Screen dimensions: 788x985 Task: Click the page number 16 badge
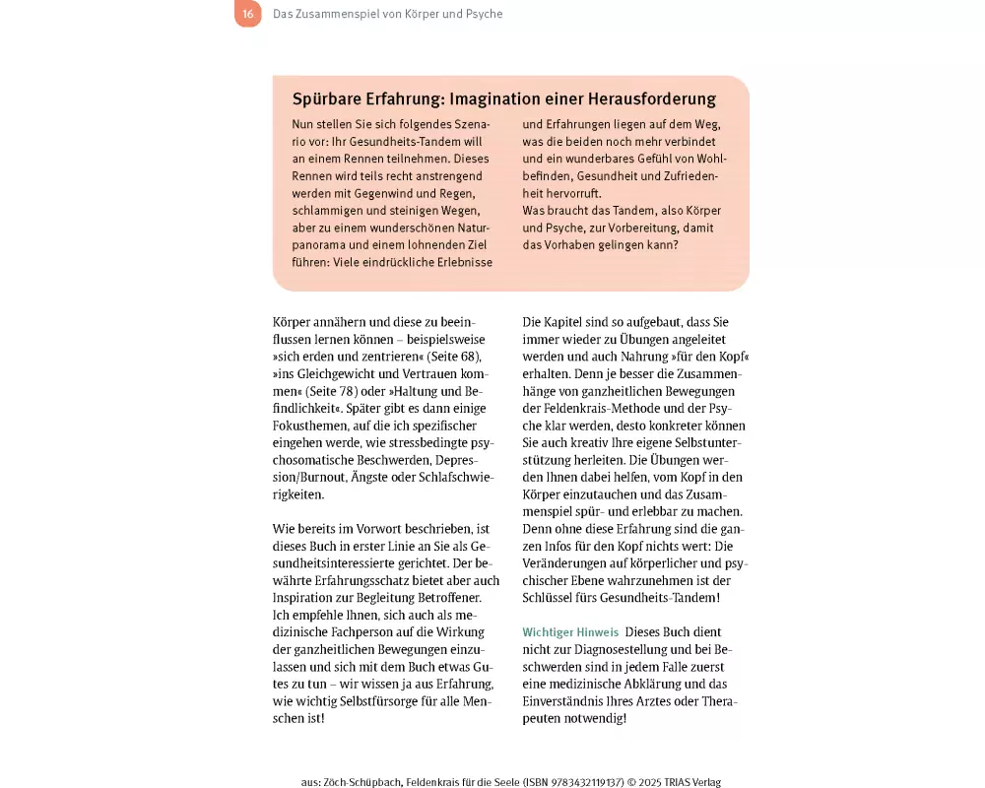pos(247,14)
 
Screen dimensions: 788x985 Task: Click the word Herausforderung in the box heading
pos(649,99)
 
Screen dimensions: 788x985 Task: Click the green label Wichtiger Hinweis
pos(570,631)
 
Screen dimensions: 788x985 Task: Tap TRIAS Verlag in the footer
pos(694,782)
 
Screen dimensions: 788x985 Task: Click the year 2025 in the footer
pos(654,782)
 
